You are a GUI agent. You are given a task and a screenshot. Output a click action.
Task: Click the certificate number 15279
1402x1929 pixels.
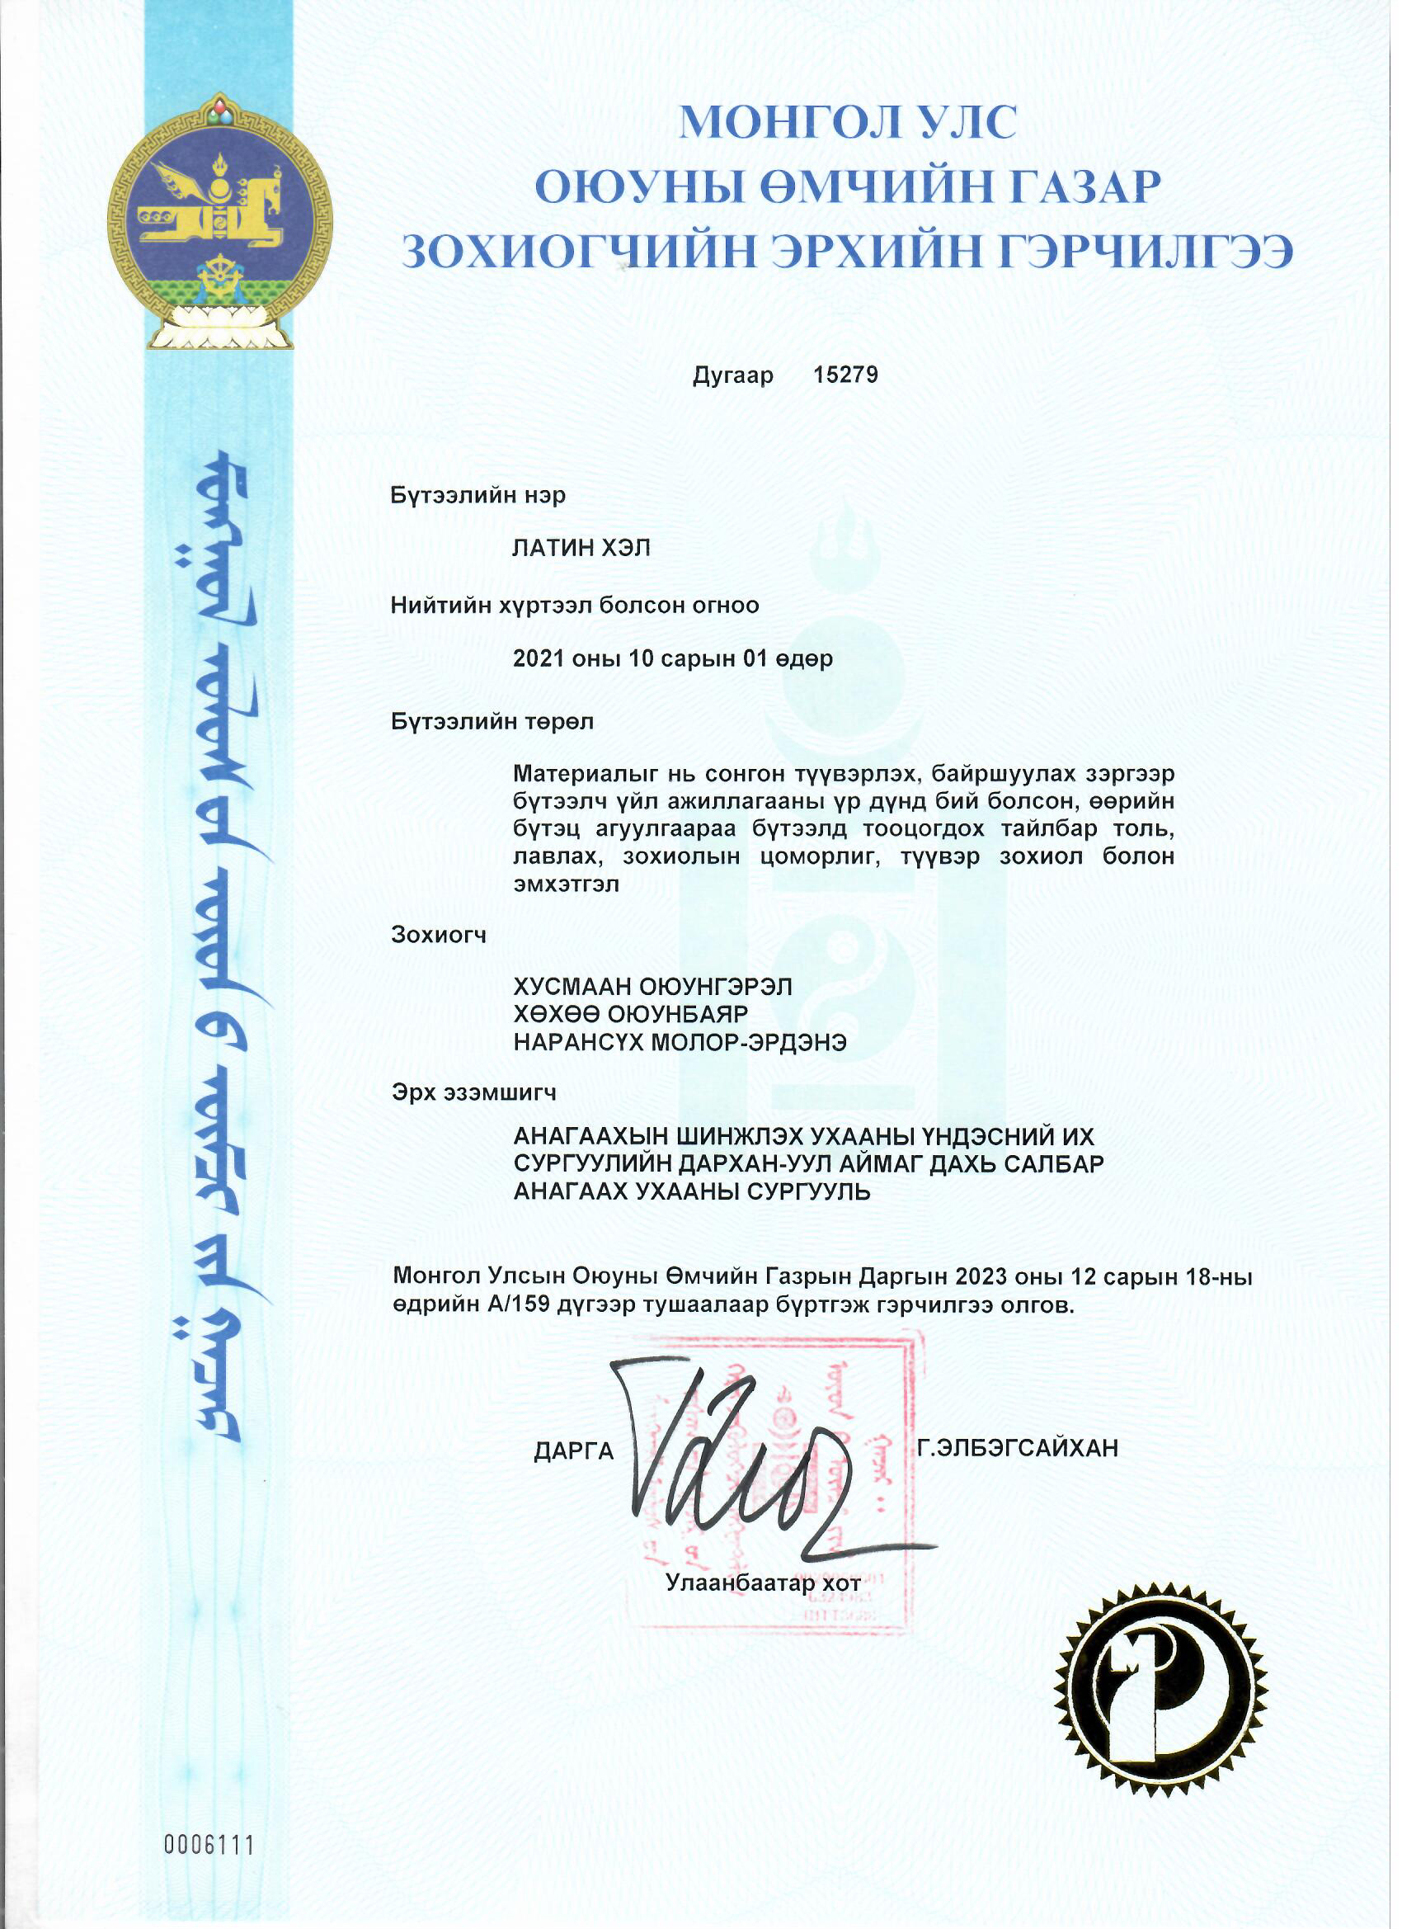pos(845,375)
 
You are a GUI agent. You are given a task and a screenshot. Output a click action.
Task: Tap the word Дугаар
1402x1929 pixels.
pos(733,375)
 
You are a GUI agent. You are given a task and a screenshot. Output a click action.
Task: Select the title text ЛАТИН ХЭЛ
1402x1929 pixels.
pos(581,549)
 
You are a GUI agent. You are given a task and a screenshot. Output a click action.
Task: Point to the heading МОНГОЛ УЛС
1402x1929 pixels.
pos(847,121)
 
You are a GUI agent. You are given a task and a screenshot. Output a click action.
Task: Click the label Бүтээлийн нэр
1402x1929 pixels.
pos(478,495)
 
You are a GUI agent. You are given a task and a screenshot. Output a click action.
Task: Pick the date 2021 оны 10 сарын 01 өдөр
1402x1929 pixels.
pos(672,659)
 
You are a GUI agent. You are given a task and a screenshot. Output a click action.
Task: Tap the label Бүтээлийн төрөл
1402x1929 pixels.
pos(492,722)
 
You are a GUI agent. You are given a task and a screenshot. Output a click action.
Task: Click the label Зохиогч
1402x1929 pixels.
pos(439,936)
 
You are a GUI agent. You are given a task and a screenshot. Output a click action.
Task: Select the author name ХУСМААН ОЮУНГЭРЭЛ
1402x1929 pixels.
pos(653,987)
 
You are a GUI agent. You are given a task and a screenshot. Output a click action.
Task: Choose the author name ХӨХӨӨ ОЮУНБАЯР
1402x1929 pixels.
pos(631,1015)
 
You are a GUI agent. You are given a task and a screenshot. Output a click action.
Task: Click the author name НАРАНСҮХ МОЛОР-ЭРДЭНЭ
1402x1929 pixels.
pos(680,1043)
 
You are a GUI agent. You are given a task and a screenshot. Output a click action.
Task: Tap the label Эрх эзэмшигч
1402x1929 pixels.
pos(473,1093)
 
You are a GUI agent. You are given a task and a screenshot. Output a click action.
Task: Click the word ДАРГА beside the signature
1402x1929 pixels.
pos(574,1452)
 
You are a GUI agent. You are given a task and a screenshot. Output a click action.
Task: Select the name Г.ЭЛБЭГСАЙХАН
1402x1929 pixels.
pos(1018,1448)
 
